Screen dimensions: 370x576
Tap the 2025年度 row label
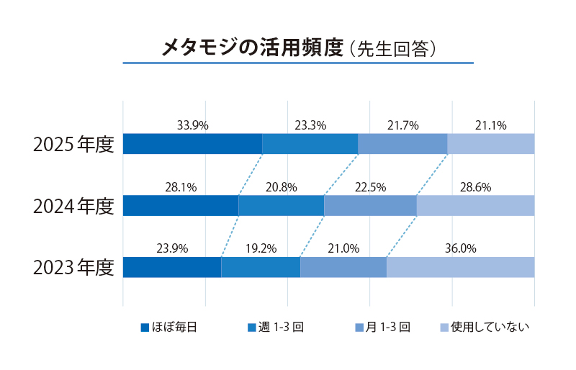[x=73, y=144]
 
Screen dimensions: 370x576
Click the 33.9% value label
[x=192, y=125]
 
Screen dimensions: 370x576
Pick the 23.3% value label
[x=310, y=125]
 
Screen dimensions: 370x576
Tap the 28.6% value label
[x=475, y=187]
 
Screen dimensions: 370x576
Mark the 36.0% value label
[x=461, y=248]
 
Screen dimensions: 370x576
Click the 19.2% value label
[x=261, y=248]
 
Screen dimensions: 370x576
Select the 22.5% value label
[x=370, y=187]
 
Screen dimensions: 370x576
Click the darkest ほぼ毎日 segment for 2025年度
[x=192, y=144]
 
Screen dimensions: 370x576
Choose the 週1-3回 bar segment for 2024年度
[x=281, y=206]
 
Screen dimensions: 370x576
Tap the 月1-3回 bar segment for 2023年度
[x=343, y=267]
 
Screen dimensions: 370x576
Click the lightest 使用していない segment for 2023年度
[x=461, y=267]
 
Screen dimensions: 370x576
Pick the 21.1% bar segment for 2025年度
[x=491, y=144]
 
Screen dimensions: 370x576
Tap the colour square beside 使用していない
[x=444, y=328]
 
